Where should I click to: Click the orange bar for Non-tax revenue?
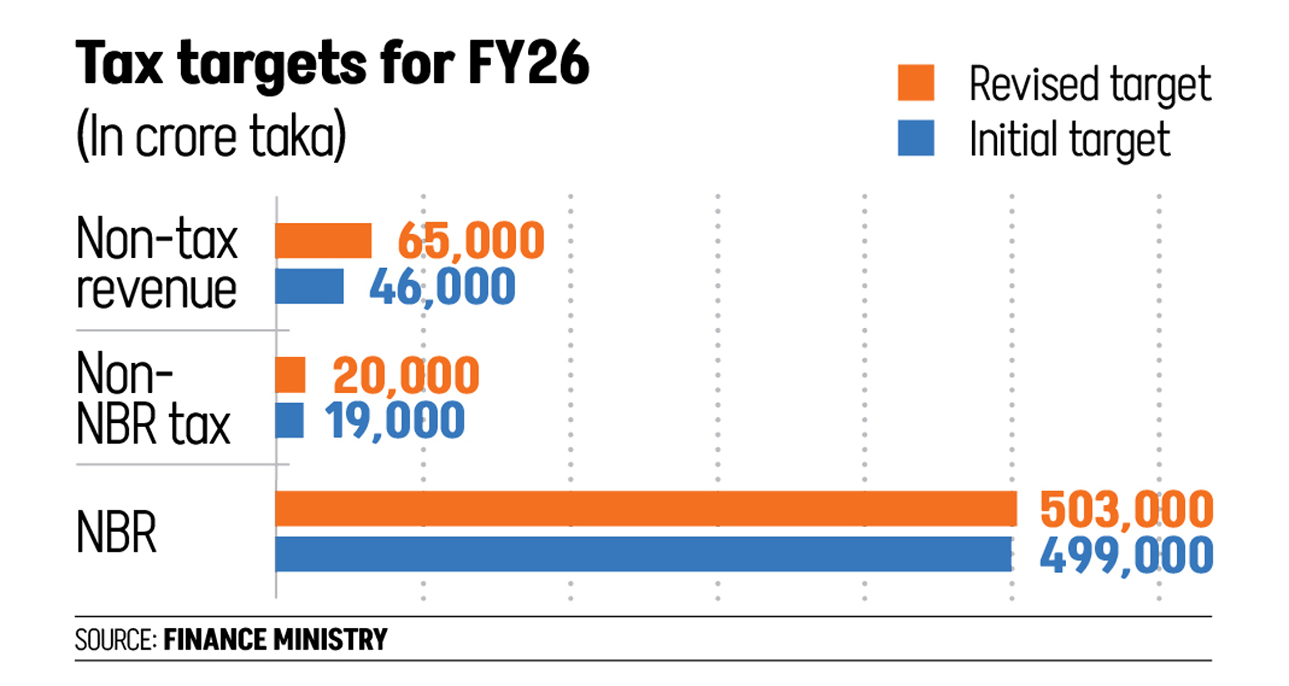(323, 241)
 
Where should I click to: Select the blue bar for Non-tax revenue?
(309, 286)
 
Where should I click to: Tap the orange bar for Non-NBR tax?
(290, 375)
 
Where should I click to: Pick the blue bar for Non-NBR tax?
(290, 420)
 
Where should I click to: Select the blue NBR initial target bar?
(643, 554)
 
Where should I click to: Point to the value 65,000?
(471, 241)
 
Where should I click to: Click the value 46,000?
(442, 287)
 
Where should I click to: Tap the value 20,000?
(406, 376)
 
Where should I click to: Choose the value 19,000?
(395, 421)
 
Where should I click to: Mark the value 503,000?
(1126, 509)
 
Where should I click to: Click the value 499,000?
(1126, 555)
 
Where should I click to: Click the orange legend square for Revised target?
(916, 82)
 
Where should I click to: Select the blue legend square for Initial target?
(916, 138)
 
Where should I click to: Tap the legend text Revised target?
(1090, 84)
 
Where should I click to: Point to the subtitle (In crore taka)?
(211, 136)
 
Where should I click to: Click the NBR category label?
(116, 533)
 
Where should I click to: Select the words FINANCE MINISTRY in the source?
(275, 639)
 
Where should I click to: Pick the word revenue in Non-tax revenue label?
(157, 290)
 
